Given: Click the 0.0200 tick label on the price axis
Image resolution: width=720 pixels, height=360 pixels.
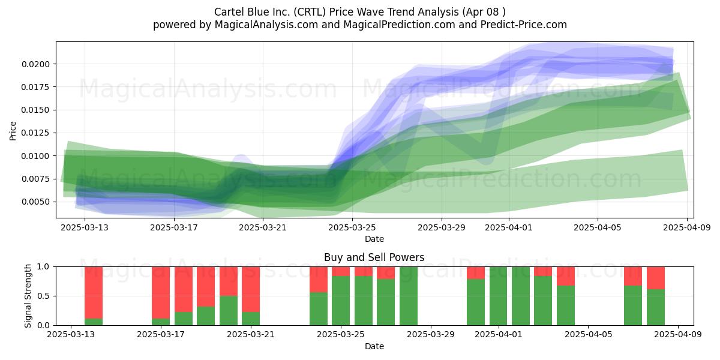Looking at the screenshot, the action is (x=35, y=64).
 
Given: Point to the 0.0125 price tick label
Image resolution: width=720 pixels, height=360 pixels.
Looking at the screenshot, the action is (x=35, y=133).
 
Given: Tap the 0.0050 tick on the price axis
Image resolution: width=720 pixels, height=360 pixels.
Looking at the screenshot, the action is (x=35, y=202).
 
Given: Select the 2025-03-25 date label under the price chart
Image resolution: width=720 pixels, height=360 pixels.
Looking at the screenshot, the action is (x=352, y=227).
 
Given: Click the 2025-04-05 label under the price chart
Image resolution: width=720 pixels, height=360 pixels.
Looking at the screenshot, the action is (x=598, y=227).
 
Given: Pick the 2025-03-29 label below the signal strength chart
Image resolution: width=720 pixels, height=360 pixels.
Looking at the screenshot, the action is (x=431, y=335).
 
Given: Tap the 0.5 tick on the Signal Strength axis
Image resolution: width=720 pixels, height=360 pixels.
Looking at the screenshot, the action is (x=44, y=296).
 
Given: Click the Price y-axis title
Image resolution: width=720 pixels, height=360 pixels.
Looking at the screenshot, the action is (x=13, y=131).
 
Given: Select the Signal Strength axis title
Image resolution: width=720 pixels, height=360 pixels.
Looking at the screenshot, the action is (x=28, y=296).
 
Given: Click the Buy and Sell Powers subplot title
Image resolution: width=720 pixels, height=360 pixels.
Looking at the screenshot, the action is (x=374, y=257).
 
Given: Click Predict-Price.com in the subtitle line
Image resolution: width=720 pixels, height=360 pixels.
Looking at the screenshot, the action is (x=524, y=25).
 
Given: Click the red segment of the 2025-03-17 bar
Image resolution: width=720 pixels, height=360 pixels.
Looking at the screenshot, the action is (x=161, y=293).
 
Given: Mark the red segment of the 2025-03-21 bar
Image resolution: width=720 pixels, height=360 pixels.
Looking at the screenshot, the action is (x=251, y=289).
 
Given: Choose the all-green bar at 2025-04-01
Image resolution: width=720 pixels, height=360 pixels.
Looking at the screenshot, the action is (x=498, y=296).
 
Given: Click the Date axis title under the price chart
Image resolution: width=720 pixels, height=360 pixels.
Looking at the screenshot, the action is (x=374, y=239).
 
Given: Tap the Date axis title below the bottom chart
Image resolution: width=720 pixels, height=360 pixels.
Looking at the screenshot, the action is (x=374, y=346).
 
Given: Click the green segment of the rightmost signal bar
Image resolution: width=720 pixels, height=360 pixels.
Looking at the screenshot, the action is (x=656, y=307).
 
